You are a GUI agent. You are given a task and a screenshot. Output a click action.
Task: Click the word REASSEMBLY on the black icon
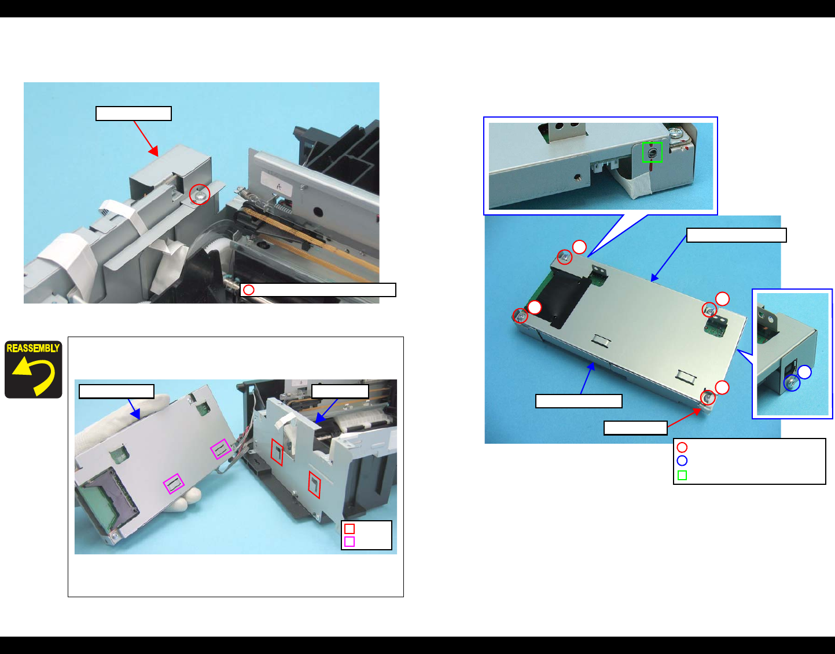point(33,348)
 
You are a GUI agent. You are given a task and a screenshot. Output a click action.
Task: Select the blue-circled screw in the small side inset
point(792,383)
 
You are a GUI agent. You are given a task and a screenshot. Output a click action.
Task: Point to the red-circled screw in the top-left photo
point(200,195)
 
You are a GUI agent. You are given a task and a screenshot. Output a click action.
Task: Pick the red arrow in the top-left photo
point(146,138)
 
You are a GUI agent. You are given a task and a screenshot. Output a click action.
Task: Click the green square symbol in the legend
point(682,475)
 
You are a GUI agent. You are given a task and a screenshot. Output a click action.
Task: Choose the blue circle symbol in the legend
point(682,461)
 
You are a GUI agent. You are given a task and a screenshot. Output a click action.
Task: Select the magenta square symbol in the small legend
point(350,542)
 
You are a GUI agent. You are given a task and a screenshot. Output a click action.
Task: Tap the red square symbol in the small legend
point(350,529)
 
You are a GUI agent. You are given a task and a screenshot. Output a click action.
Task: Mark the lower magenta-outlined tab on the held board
point(174,483)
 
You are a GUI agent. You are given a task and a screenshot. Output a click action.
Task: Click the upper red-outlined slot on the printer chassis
point(277,452)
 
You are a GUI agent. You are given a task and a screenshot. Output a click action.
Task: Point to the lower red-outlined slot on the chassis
point(314,484)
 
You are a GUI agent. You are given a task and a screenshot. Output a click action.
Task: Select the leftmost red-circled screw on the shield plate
point(520,316)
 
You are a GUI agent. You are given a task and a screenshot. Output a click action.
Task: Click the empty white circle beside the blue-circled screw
point(804,372)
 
